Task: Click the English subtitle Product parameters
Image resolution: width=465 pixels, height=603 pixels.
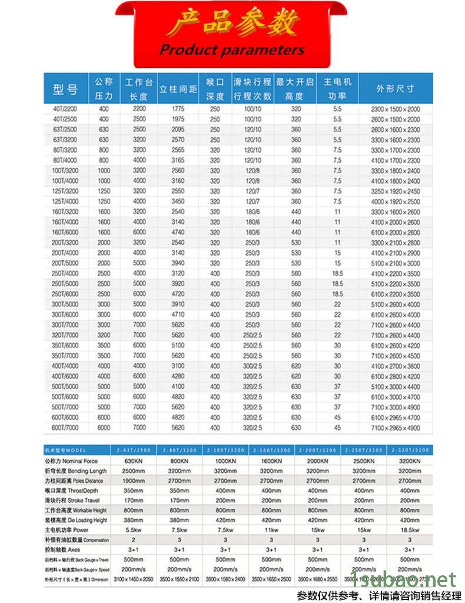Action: click(x=232, y=49)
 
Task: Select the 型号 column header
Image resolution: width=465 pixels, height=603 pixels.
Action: click(x=65, y=90)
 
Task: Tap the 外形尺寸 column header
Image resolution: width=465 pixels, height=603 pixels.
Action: click(x=395, y=89)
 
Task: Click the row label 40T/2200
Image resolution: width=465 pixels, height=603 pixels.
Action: click(x=65, y=110)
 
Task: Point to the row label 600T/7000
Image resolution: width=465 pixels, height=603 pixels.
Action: click(x=65, y=427)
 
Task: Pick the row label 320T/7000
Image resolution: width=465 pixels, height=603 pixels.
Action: click(x=65, y=335)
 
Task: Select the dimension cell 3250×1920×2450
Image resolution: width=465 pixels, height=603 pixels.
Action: click(x=395, y=191)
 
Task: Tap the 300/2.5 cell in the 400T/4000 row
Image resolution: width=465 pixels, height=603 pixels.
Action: click(x=252, y=366)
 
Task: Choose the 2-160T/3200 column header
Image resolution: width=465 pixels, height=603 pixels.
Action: click(x=271, y=450)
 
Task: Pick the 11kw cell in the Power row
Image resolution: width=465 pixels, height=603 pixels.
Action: click(x=271, y=530)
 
